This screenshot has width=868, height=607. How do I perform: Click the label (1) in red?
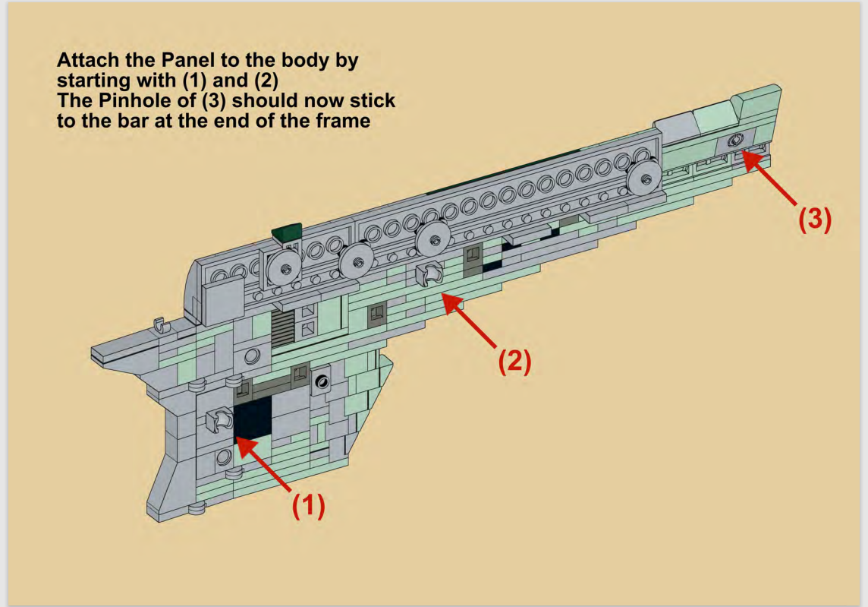309,507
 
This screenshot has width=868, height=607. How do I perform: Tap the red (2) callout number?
514,361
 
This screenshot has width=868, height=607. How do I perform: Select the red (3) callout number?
814,219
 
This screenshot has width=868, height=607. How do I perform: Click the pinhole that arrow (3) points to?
734,141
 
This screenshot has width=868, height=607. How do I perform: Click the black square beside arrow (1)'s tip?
253,419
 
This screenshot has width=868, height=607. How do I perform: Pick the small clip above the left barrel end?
159,326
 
